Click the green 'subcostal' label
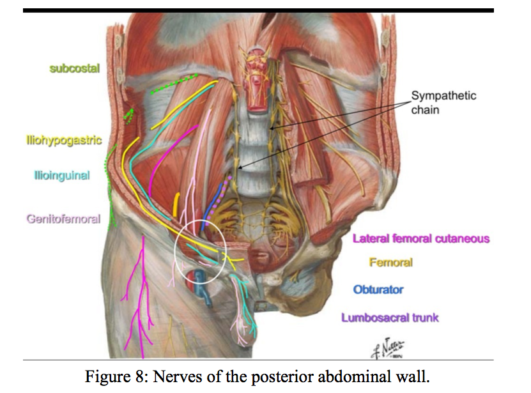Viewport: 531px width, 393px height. click(75, 69)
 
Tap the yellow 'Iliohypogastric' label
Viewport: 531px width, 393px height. click(64, 140)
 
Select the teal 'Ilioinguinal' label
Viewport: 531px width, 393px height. click(61, 174)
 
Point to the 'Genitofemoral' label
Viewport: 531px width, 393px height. click(63, 219)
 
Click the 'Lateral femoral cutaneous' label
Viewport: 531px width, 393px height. click(421, 239)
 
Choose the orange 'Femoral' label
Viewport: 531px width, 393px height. click(390, 263)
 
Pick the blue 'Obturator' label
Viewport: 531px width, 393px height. click(378, 289)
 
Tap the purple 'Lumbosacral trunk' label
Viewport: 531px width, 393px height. click(390, 318)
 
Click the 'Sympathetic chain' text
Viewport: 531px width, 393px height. click(443, 103)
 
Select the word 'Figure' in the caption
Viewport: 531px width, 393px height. click(105, 376)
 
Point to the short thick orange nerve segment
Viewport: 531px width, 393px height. click(176, 206)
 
